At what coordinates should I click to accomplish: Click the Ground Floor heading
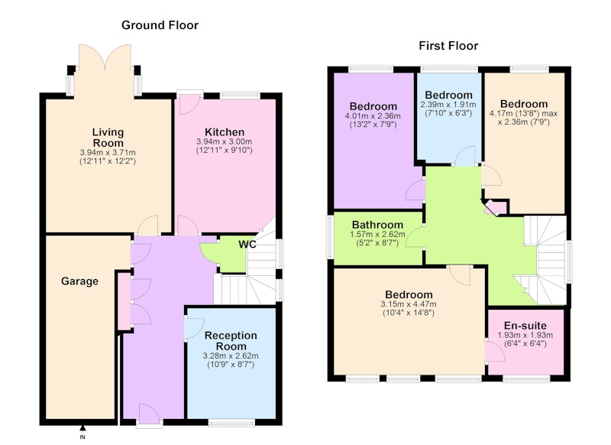click(160, 25)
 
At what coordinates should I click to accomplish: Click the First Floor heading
click(448, 46)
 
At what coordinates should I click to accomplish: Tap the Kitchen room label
click(225, 132)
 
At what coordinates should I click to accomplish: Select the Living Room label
click(108, 138)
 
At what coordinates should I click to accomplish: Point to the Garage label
click(79, 281)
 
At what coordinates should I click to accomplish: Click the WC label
click(247, 245)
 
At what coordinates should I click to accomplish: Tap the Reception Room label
click(231, 341)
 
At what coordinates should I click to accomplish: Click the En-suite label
click(525, 326)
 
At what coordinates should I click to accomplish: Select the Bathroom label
click(377, 225)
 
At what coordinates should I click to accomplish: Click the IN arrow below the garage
click(82, 428)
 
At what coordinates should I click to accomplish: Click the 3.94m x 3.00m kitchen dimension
click(224, 141)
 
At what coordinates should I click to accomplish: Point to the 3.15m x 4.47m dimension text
click(409, 304)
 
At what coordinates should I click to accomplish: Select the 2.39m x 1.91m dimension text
click(448, 105)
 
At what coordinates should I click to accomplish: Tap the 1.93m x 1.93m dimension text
click(525, 335)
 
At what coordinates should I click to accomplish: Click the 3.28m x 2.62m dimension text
click(231, 356)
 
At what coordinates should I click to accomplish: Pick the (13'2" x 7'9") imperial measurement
click(373, 125)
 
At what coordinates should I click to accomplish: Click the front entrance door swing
click(149, 414)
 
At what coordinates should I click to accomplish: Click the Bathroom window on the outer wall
click(330, 237)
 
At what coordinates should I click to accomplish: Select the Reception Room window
click(231, 422)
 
